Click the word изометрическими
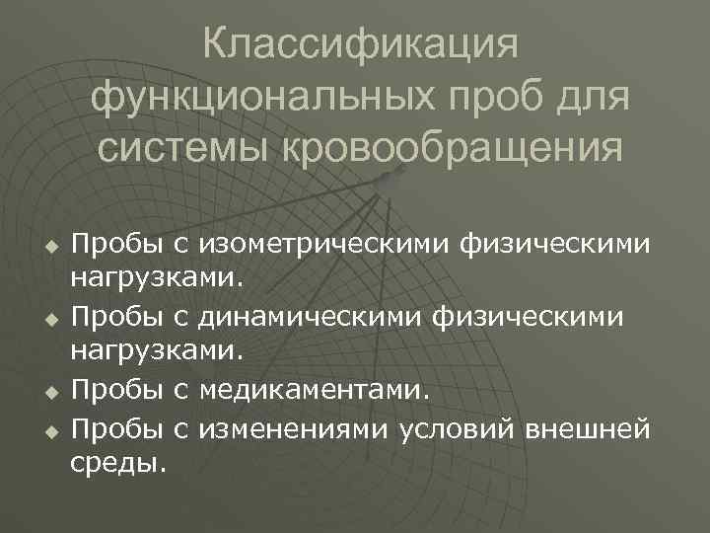point(323,243)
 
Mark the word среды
point(118,461)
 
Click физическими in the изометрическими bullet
point(555,243)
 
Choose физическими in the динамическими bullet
point(536,318)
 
